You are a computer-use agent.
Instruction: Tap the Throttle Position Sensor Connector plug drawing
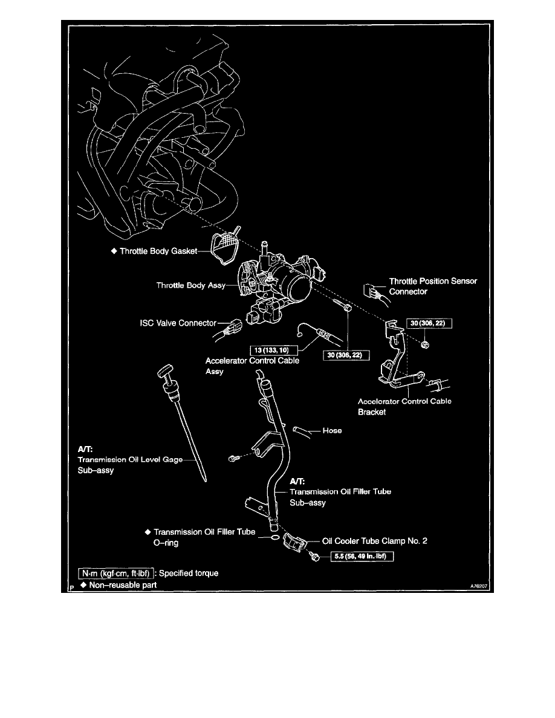point(371,291)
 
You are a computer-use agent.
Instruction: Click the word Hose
point(332,431)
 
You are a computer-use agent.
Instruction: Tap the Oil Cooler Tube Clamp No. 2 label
point(375,542)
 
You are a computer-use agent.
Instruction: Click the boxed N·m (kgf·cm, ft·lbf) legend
point(115,573)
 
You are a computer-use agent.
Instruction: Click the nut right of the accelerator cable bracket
point(425,344)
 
